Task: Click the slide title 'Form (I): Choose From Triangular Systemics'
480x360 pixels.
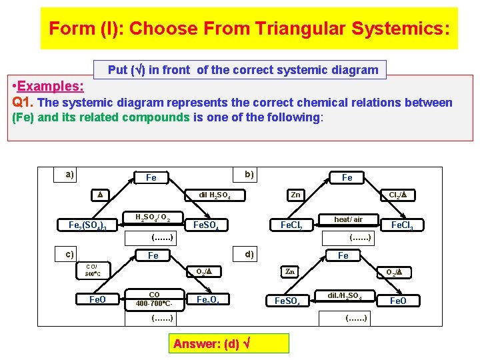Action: point(249,29)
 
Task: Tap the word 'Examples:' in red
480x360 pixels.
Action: point(50,87)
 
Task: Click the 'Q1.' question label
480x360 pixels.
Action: point(24,103)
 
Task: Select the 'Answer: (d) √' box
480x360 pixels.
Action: point(230,344)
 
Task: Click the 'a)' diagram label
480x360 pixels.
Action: point(69,175)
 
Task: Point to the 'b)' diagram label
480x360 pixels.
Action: point(249,175)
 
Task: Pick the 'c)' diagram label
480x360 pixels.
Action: point(69,253)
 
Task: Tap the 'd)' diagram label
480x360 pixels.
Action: point(249,253)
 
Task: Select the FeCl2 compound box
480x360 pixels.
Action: point(291,225)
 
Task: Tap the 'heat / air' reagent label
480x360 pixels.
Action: point(348,219)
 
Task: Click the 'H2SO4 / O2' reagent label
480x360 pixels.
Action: point(153,217)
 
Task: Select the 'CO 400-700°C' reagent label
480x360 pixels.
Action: point(154,299)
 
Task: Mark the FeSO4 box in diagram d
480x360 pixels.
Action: point(287,301)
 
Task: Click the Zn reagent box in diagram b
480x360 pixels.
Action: point(295,195)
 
